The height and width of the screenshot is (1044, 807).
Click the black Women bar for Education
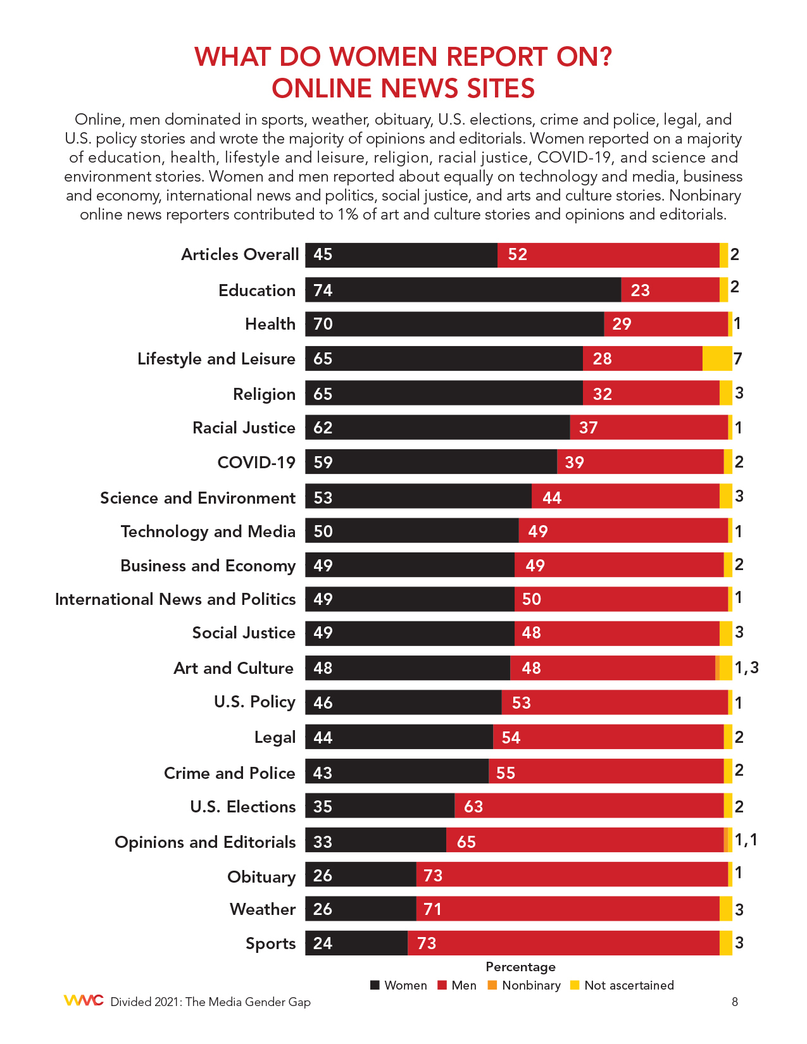463,290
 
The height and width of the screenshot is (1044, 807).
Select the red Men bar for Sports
563,943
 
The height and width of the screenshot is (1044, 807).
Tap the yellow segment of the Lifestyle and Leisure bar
716,358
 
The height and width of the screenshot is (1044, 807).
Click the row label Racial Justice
244,428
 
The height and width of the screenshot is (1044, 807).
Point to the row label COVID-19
256,463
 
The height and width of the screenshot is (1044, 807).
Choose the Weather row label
263,909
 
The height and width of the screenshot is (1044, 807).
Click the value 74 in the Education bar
323,290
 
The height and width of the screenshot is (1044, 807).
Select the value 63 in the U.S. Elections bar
473,807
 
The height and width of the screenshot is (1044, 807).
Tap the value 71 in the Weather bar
432,909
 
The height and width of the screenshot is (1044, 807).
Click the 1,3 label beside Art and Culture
746,668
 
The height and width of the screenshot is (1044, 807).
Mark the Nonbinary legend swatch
492,985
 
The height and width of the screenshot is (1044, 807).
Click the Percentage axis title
520,967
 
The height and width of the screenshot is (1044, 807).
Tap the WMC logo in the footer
84,1000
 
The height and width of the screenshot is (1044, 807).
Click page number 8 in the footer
734,1002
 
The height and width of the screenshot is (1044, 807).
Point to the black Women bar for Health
454,324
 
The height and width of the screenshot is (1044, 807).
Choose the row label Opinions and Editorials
205,842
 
